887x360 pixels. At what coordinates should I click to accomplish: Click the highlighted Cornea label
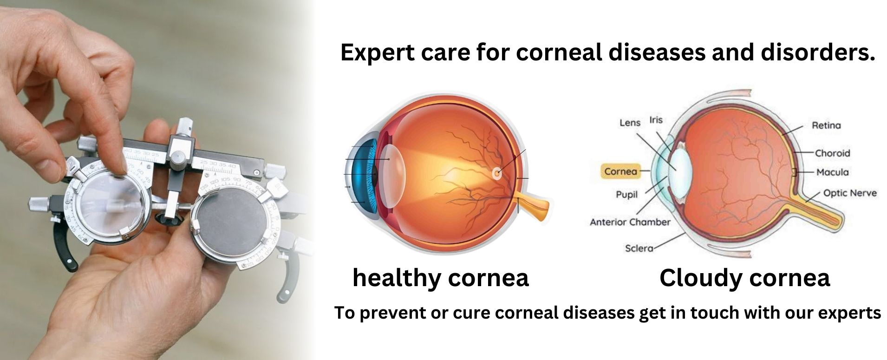click(620, 171)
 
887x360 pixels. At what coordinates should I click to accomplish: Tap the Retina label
click(826, 125)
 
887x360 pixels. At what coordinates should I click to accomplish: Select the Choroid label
click(832, 153)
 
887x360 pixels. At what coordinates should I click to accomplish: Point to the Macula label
click(832, 172)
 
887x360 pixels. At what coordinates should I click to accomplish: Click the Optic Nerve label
click(849, 193)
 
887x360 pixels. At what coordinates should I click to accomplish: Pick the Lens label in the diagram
click(630, 123)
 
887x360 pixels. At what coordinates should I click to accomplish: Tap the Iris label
click(656, 120)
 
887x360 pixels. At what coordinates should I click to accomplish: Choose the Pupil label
click(626, 195)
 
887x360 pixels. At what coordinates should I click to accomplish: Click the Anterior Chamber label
click(630, 222)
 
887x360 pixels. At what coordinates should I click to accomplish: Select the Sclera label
click(639, 249)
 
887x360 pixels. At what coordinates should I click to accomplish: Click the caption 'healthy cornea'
click(440, 278)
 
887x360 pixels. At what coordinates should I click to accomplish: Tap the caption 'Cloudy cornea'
click(744, 278)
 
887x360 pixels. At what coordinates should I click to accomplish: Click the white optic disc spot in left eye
click(497, 173)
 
